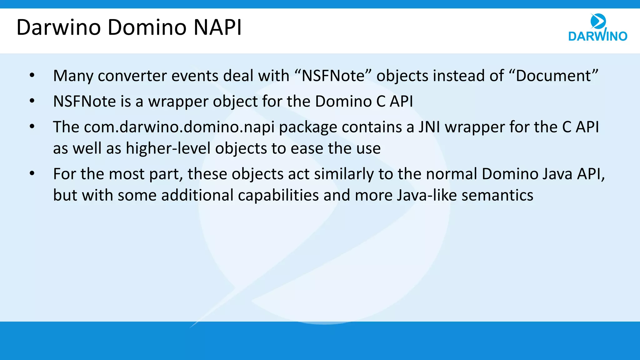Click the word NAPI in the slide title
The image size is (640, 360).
218,27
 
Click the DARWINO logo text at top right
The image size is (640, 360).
597,36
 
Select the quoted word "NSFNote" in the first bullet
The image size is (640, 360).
333,76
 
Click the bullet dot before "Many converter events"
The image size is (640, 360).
32,75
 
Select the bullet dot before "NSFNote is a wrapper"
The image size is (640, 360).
32,101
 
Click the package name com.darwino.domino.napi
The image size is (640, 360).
179,127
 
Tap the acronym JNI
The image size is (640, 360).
429,127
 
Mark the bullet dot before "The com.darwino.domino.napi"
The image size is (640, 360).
32,127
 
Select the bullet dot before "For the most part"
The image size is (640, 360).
32,173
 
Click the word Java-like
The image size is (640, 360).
427,195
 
